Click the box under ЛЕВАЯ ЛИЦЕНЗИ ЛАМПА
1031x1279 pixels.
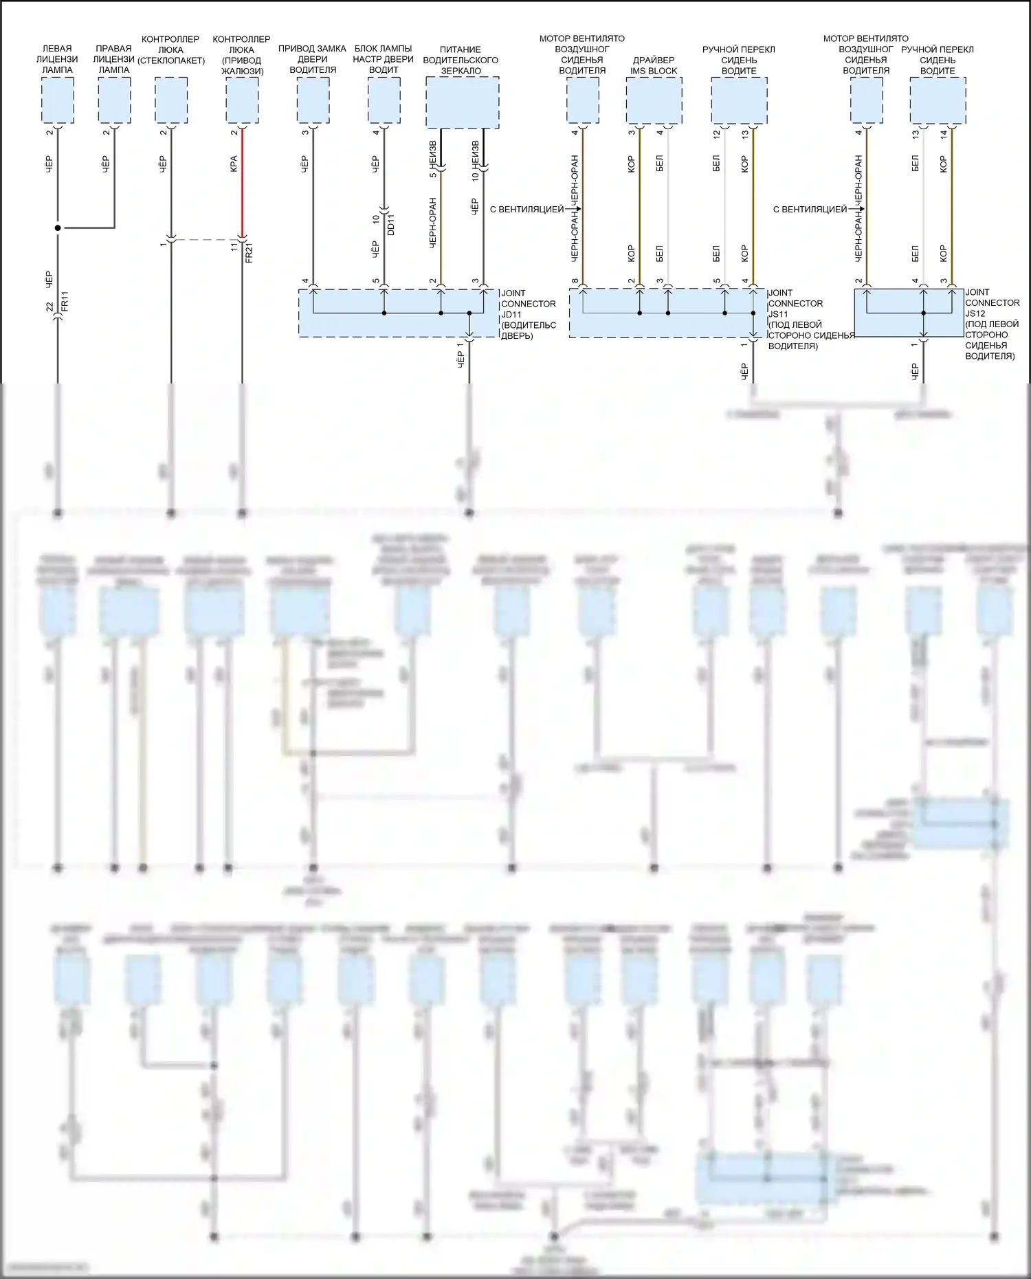coord(58,100)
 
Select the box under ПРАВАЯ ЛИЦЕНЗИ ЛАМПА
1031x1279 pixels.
coord(114,100)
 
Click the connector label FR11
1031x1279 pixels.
coord(65,301)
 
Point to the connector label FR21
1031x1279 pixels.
coord(249,252)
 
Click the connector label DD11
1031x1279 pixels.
coord(391,225)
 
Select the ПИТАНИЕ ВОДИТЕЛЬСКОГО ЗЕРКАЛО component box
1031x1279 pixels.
coord(462,102)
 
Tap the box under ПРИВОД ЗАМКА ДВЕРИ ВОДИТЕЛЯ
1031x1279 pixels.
coord(313,100)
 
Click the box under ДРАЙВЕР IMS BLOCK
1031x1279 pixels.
coord(654,100)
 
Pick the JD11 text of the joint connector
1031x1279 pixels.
coord(511,315)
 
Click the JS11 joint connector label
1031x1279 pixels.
coord(778,314)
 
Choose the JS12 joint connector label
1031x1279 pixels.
coord(975,313)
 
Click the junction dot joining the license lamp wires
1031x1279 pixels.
coord(58,227)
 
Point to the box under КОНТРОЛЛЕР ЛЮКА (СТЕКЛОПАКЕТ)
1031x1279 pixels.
coord(171,100)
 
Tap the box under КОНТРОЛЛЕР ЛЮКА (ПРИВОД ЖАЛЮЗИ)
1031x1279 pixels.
coord(242,100)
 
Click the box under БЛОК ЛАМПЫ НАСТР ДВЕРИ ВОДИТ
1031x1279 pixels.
coord(384,100)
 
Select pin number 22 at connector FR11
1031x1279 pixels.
coord(49,307)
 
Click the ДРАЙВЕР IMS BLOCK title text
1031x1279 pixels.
coord(654,65)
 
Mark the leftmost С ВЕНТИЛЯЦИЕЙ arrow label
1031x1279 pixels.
coord(526,209)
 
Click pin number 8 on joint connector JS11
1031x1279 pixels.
coord(575,281)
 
